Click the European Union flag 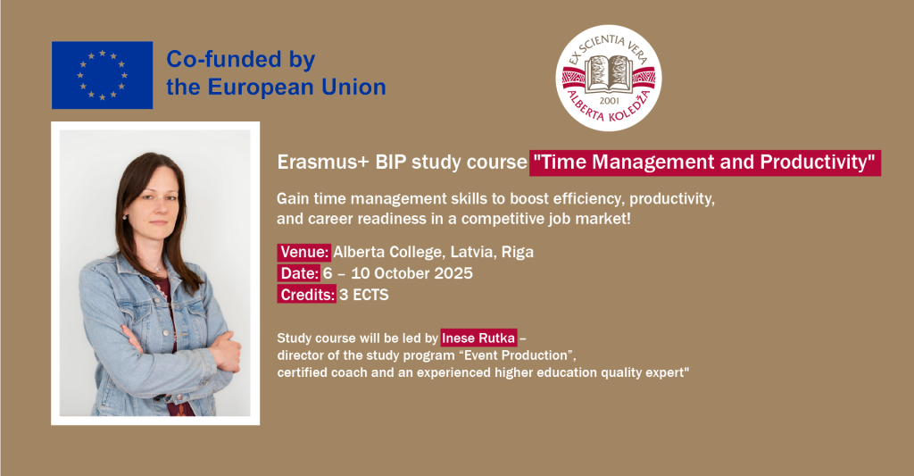coord(102,75)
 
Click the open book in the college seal coord(608,74)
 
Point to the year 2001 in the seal coord(609,100)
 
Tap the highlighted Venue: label coord(304,252)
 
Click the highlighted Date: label coord(299,273)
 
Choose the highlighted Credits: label coord(307,295)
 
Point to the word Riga coord(518,253)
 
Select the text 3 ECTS coord(364,296)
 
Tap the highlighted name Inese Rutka coord(478,338)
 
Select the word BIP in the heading coord(391,163)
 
